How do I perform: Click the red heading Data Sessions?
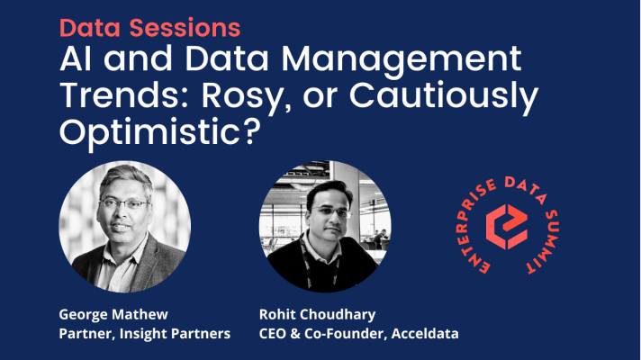[x=149, y=26]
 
